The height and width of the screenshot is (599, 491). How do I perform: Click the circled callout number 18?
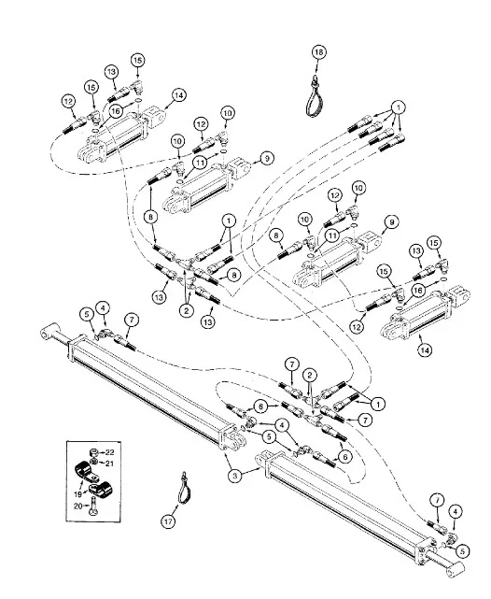click(x=319, y=52)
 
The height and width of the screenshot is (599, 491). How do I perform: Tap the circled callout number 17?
click(x=168, y=521)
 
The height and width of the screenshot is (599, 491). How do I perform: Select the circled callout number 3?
click(x=235, y=476)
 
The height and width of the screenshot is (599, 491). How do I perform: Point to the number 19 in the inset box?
click(x=77, y=494)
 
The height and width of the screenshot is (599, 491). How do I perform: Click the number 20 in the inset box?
click(x=78, y=506)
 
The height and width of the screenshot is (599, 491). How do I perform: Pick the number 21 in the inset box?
click(x=109, y=463)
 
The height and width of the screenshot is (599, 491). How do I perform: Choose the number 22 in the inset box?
click(x=109, y=452)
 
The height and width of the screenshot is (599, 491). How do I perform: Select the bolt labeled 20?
click(x=93, y=507)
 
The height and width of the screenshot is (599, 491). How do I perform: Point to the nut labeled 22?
click(x=94, y=452)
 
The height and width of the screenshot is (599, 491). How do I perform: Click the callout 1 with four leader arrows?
click(x=399, y=107)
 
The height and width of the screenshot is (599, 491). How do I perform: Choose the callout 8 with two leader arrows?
click(x=150, y=217)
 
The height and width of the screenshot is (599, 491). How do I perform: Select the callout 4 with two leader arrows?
click(x=282, y=425)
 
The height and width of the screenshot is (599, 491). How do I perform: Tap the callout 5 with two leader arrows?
click(x=269, y=436)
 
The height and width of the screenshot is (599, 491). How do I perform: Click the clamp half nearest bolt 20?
click(x=100, y=490)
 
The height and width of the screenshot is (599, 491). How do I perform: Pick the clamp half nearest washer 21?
click(x=86, y=472)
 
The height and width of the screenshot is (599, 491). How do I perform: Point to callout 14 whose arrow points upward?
click(x=425, y=349)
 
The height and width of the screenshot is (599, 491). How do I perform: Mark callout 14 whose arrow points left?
click(x=178, y=95)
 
